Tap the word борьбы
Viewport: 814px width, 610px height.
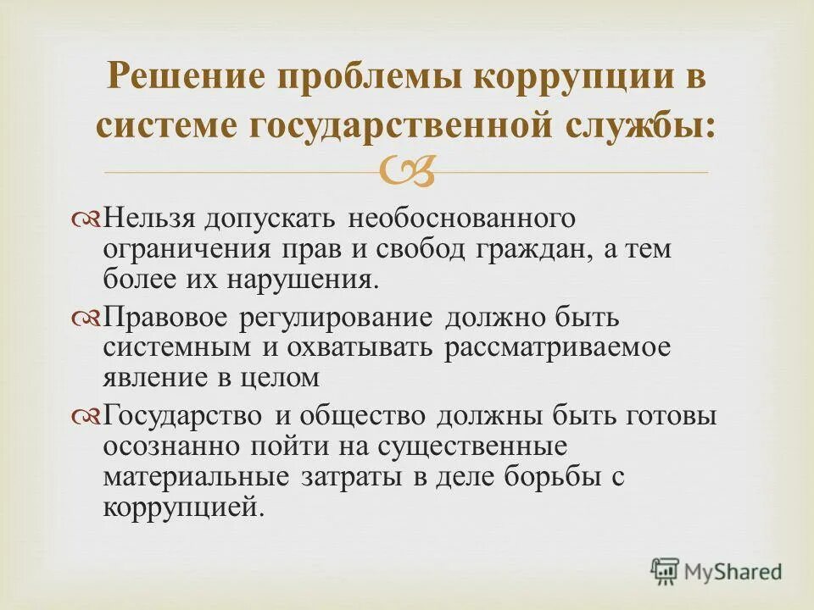547,477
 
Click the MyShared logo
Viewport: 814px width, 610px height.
716,571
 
